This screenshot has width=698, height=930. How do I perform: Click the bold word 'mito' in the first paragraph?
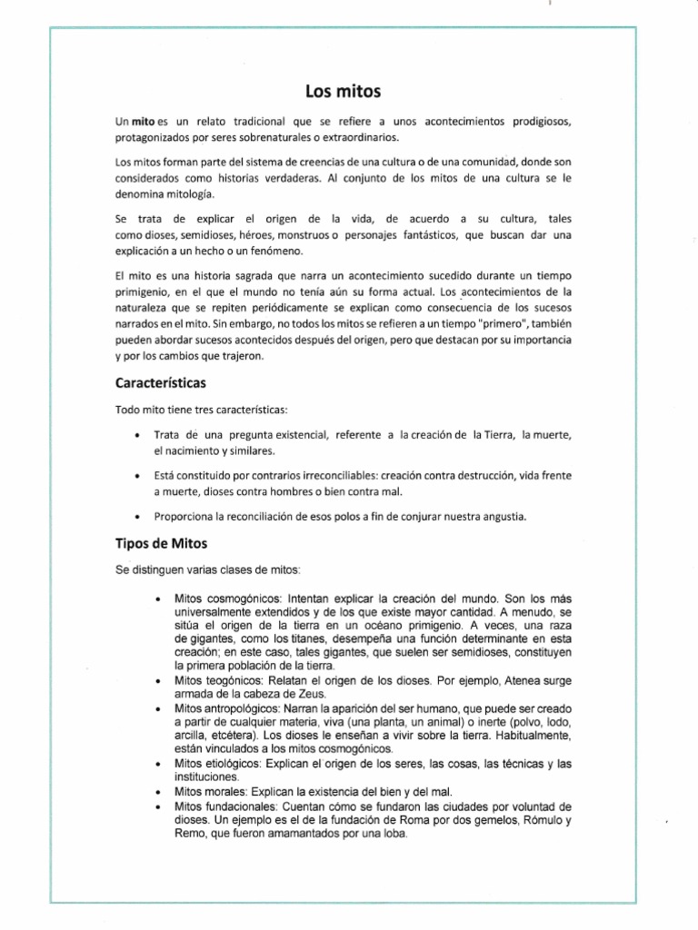(144, 122)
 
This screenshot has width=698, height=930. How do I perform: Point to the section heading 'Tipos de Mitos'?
(162, 544)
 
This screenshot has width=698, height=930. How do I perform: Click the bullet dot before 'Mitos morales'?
(158, 791)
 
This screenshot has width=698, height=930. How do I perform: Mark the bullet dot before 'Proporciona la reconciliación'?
(136, 517)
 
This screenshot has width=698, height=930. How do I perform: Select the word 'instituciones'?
(205, 777)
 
